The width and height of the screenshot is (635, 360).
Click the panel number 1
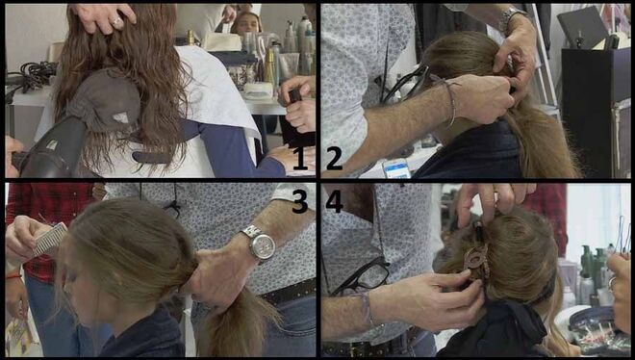tap(300, 158)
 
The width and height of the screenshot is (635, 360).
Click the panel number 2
tap(334, 158)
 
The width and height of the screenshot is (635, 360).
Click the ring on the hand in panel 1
tap(117, 23)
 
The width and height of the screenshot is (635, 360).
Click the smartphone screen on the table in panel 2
tap(396, 168)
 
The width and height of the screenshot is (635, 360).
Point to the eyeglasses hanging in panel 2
tap(405, 83)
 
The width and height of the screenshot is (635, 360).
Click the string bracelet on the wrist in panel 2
tap(450, 101)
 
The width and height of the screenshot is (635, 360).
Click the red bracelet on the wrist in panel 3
tap(13, 276)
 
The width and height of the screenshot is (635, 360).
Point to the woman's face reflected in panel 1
tap(245, 23)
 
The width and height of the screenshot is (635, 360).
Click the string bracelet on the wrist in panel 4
tap(367, 308)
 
